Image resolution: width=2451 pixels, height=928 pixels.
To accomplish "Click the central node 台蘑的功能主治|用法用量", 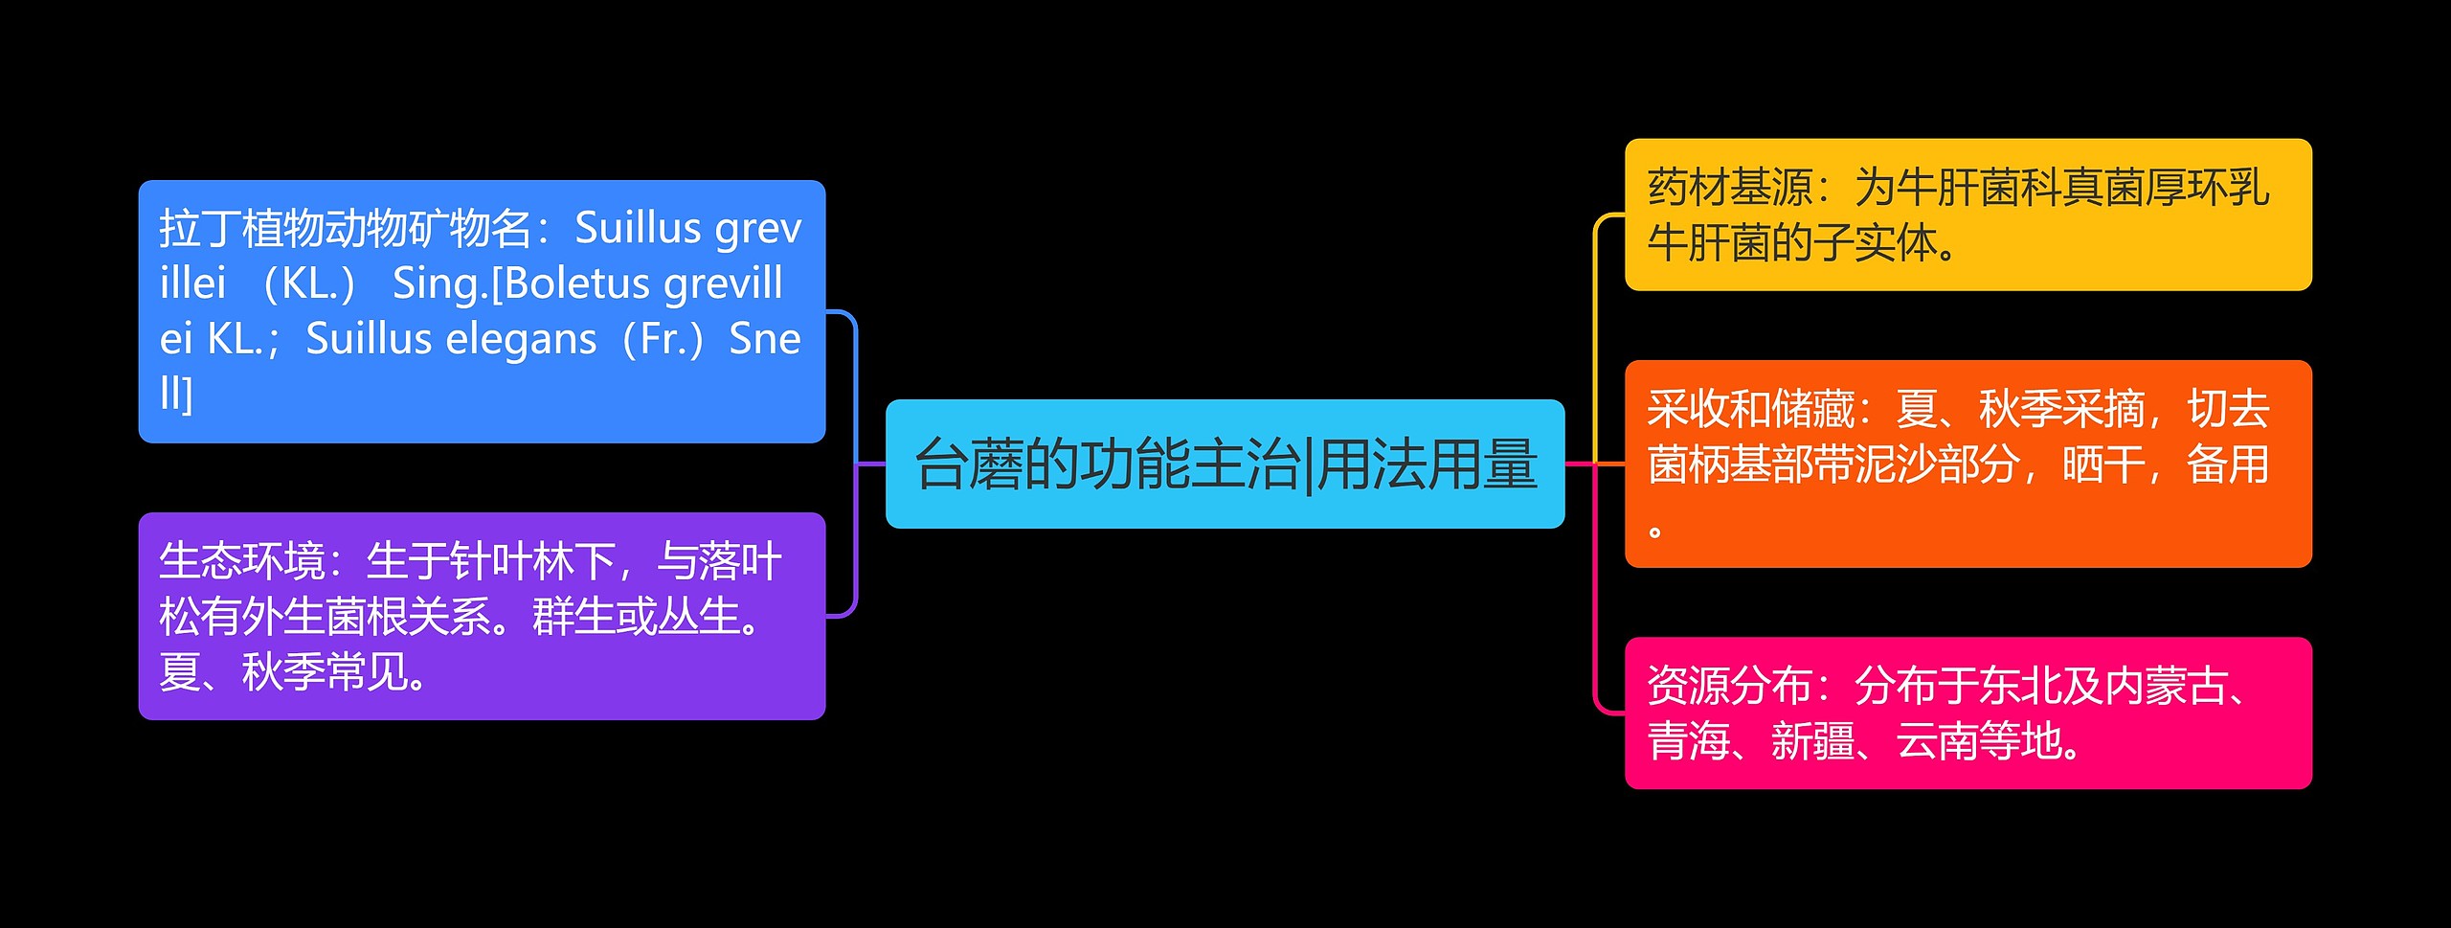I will click(1225, 464).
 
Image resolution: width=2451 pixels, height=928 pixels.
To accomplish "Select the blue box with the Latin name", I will click(482, 311).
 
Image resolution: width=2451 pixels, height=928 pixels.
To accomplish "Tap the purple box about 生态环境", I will click(482, 616).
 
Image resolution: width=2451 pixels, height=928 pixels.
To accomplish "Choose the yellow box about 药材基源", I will click(1968, 215).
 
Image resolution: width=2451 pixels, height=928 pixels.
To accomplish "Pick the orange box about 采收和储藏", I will click(1968, 464).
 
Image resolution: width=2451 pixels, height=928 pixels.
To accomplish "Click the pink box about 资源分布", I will click(1968, 713).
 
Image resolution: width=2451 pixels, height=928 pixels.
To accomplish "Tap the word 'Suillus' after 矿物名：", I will click(638, 229).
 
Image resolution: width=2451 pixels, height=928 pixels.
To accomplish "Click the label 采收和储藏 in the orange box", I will click(1750, 410).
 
